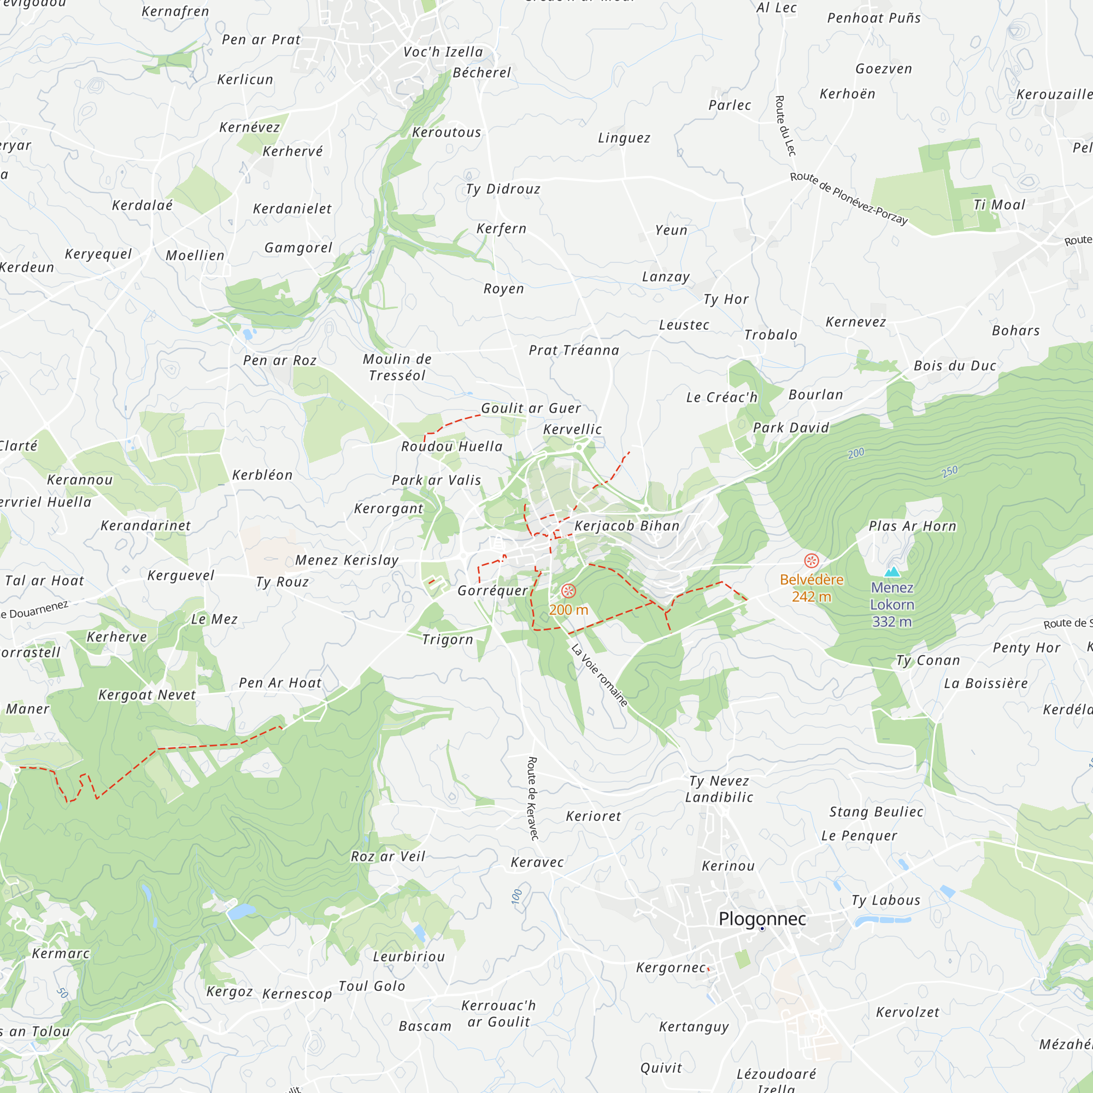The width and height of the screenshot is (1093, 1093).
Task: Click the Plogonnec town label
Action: [x=762, y=919]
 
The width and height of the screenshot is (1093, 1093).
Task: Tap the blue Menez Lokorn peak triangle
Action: [x=892, y=572]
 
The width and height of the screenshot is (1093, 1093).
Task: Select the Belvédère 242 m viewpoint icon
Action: [x=811, y=561]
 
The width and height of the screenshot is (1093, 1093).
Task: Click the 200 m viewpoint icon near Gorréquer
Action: [x=568, y=591]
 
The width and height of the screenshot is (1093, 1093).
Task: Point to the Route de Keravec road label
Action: [x=532, y=798]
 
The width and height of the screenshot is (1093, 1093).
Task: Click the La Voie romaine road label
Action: [x=600, y=675]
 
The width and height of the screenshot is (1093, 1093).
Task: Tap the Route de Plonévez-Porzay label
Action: [x=849, y=198]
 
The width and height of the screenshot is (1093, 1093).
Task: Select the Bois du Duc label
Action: [x=955, y=366]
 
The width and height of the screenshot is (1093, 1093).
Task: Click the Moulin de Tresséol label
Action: [x=397, y=367]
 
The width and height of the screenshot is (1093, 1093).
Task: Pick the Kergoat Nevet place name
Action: [x=147, y=695]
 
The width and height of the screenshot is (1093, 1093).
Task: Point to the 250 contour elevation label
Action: [x=950, y=471]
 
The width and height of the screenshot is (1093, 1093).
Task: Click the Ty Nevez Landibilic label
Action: [x=719, y=789]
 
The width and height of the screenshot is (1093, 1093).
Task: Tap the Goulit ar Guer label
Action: [x=531, y=408]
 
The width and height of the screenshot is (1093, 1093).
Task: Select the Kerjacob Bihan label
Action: [x=627, y=526]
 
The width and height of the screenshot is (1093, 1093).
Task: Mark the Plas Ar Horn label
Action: [x=913, y=526]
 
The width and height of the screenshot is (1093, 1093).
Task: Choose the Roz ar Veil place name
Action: [x=388, y=856]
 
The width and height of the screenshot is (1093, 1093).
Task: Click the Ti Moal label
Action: [x=999, y=205]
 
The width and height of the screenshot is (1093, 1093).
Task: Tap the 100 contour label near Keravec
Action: [x=516, y=897]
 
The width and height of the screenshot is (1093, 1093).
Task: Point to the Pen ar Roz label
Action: [x=279, y=360]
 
